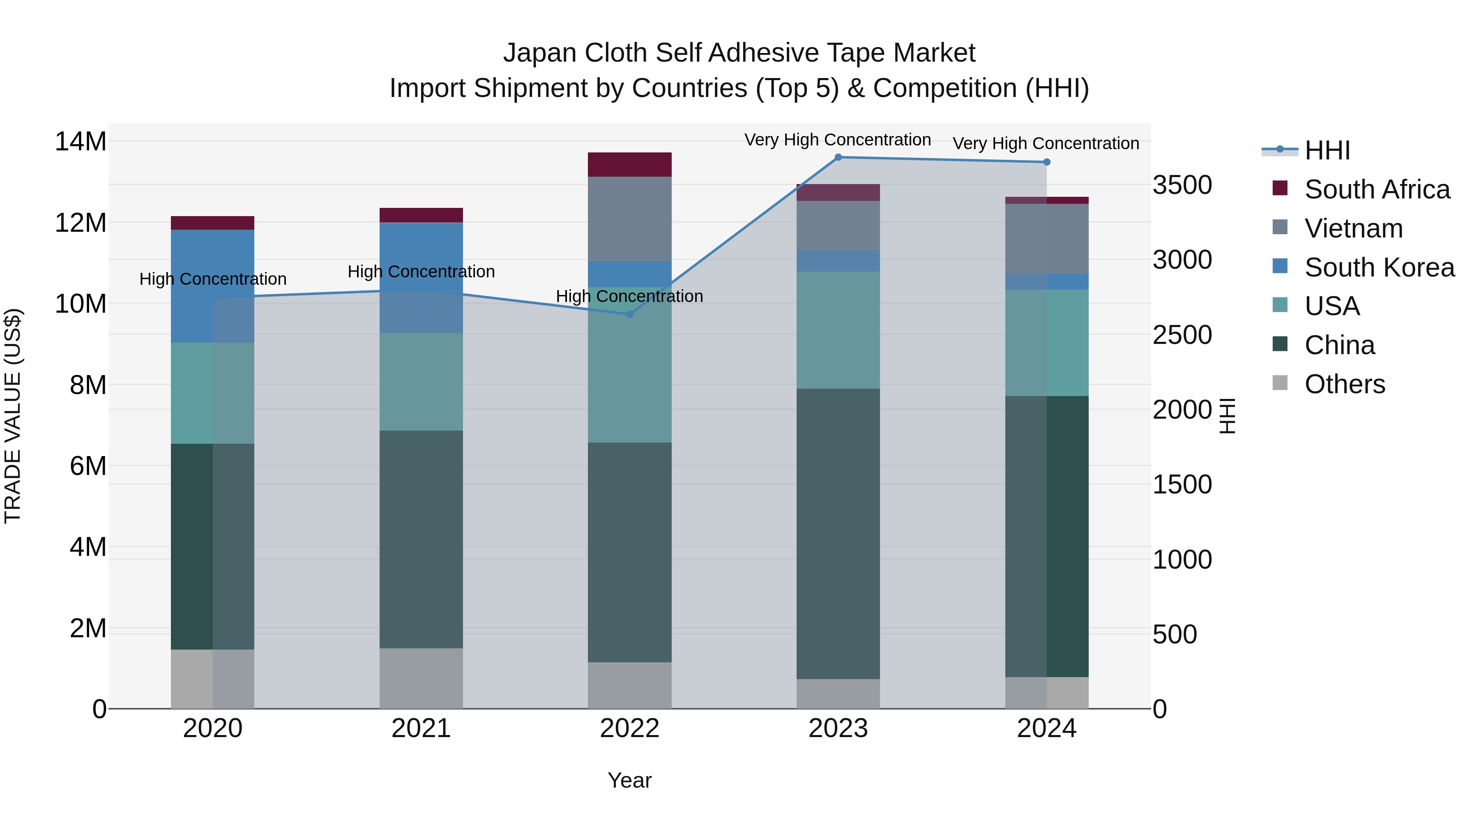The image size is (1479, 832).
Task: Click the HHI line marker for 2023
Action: pos(838,157)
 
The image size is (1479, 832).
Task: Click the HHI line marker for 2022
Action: pos(629,314)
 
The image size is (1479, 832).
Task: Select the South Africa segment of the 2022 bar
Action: pos(629,165)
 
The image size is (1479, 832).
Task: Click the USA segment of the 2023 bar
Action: pos(838,330)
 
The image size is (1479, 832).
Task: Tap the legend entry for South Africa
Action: pos(1377,189)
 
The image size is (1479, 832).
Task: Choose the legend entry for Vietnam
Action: pos(1353,228)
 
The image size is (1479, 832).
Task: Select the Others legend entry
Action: pos(1344,384)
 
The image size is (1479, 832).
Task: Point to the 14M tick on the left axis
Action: pos(81,142)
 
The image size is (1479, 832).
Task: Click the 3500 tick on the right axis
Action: pos(1182,185)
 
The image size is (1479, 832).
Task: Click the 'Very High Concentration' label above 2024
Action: pos(1046,143)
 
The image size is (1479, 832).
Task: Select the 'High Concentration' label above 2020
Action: pos(212,279)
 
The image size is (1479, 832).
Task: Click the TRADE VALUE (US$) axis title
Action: pos(13,416)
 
